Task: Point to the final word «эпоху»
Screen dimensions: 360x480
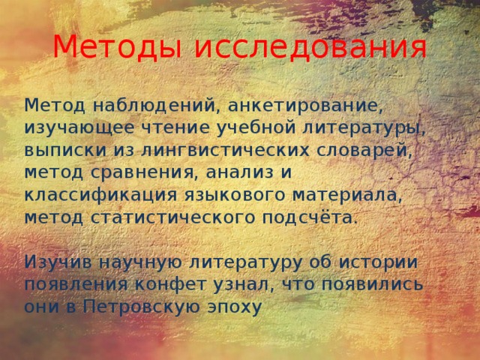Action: [238, 308]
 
